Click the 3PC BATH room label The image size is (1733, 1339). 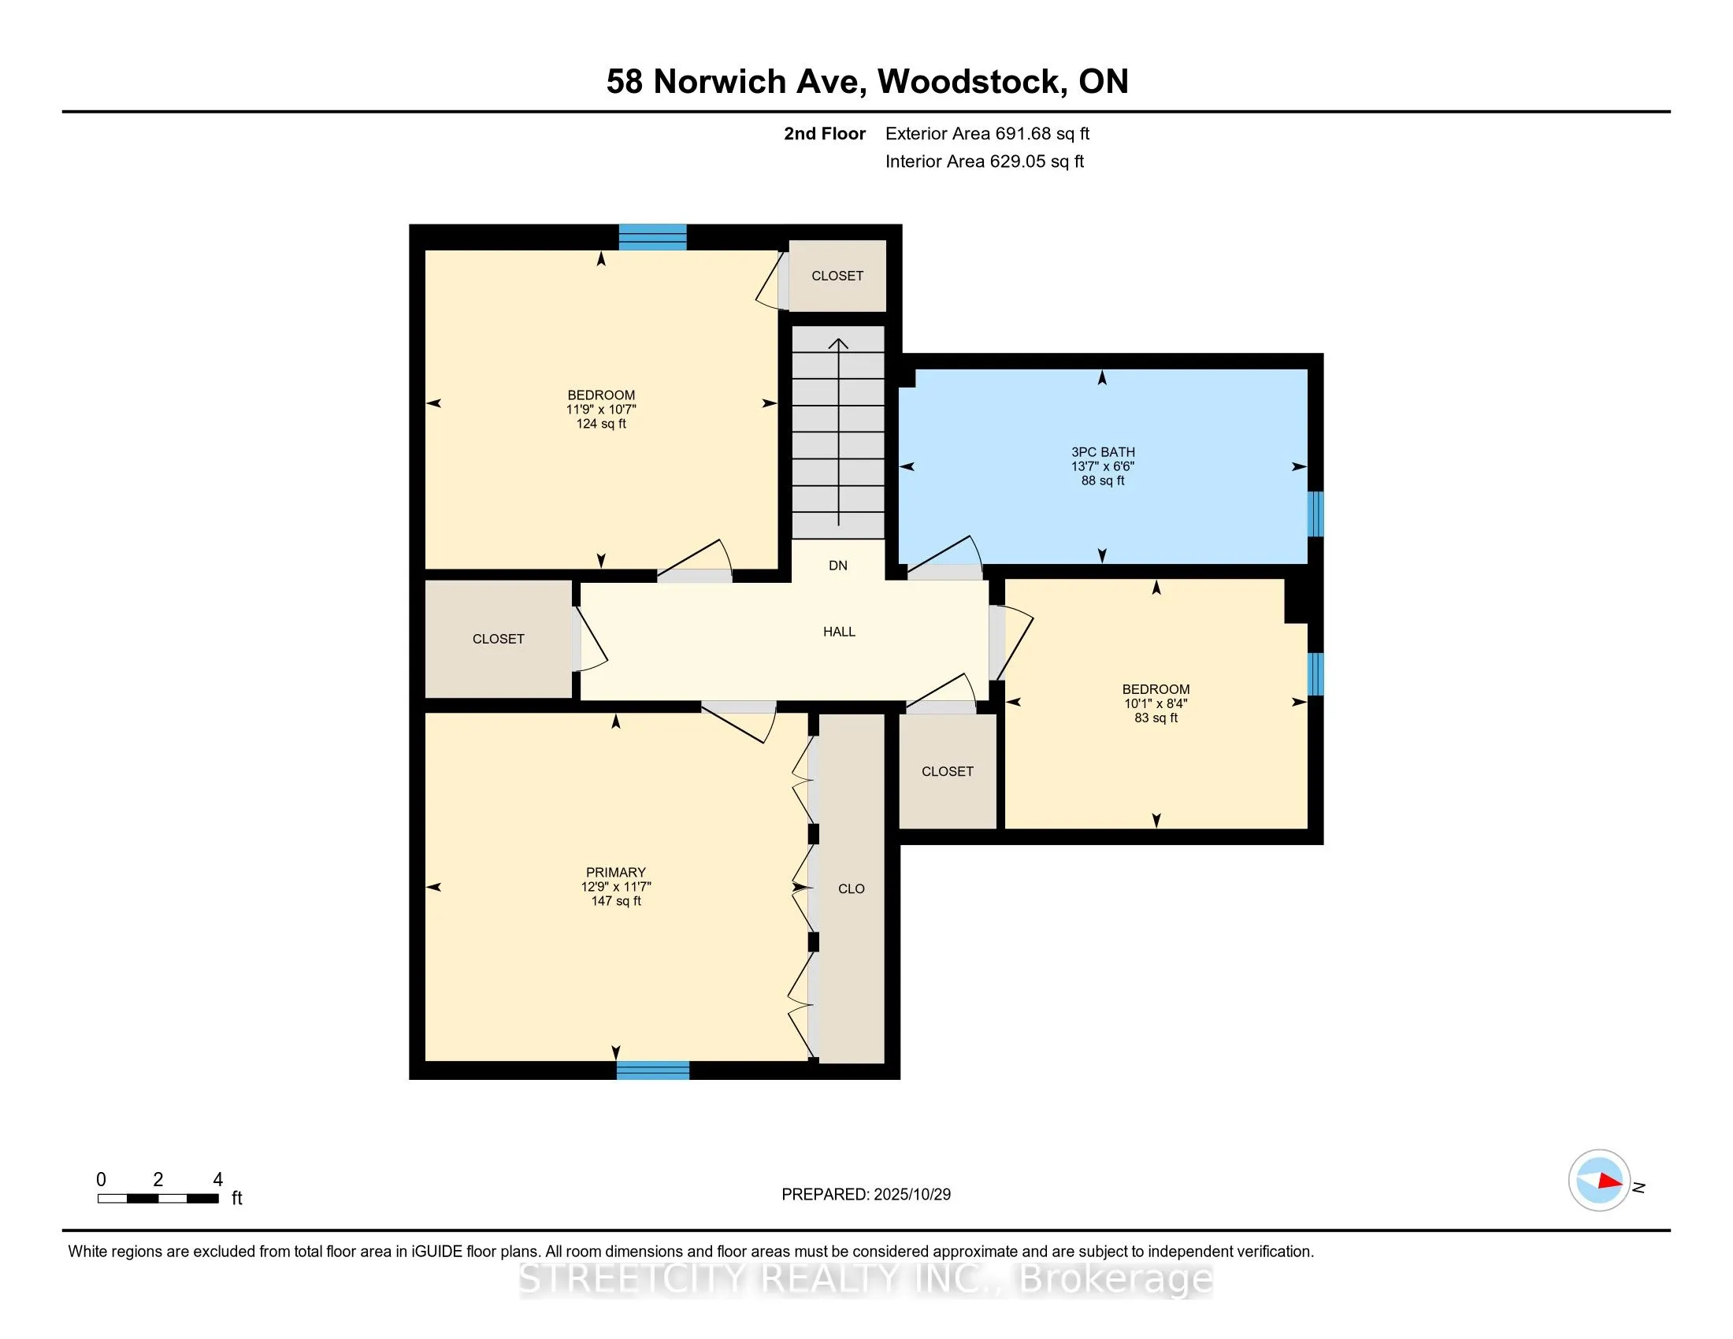tap(1103, 452)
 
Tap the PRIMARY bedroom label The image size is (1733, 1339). tap(616, 872)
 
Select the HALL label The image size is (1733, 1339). tap(839, 632)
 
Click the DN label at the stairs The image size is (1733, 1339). tap(838, 566)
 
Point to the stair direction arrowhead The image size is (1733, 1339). tap(839, 343)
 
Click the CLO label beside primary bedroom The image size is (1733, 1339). tap(851, 888)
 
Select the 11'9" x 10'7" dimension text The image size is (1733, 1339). tap(601, 410)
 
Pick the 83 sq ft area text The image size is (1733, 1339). tap(1156, 718)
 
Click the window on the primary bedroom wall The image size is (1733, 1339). tap(653, 1070)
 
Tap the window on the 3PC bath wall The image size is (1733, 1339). tap(1315, 514)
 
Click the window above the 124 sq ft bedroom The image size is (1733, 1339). tap(652, 237)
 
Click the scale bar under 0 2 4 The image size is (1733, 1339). tap(158, 1199)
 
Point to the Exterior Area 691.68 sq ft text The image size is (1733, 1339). tap(987, 134)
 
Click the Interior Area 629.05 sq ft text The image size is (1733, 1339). tap(984, 161)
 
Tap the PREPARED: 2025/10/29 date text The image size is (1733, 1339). tap(866, 1195)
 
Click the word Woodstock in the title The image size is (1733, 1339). tap(971, 82)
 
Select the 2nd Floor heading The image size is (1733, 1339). tap(825, 134)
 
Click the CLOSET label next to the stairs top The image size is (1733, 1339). tap(837, 276)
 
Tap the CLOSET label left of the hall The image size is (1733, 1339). tap(499, 639)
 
